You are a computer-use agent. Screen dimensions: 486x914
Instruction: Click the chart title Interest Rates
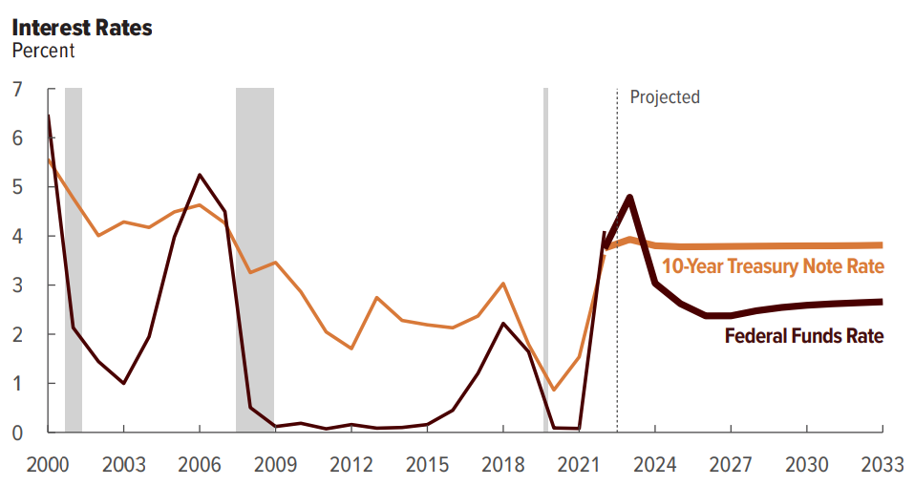[82, 27]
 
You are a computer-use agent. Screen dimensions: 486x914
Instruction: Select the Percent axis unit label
[43, 51]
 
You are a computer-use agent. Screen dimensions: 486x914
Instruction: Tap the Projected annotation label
[665, 97]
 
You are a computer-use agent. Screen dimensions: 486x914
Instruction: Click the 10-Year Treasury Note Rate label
[773, 266]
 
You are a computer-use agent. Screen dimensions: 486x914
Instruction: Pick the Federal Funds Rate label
[804, 335]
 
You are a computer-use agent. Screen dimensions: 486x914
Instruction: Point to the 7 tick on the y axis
[17, 90]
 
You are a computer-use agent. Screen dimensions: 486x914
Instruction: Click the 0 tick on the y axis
[17, 433]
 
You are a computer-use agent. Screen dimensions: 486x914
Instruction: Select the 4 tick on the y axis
[17, 237]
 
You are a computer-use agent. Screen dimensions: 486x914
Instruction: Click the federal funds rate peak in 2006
[200, 175]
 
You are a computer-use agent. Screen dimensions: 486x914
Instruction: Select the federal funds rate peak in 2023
[630, 198]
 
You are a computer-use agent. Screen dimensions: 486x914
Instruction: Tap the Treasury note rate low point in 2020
[554, 390]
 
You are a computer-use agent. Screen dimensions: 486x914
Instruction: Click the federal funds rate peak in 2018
[503, 324]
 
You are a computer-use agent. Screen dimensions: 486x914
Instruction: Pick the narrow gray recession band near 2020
[545, 258]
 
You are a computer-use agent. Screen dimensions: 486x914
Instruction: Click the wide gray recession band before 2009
[255, 258]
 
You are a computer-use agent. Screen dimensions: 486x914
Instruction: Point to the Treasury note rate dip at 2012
[351, 349]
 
